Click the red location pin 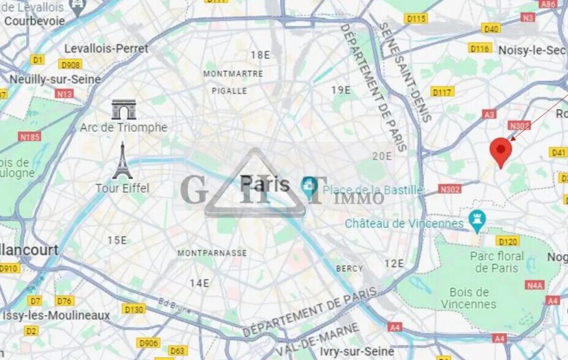tap(501, 151)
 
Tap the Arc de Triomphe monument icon tap(124, 110)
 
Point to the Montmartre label tap(233, 73)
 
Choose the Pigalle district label tap(230, 91)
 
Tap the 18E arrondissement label tap(260, 55)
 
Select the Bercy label tap(349, 268)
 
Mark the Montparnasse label tap(212, 253)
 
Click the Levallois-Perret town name tap(106, 48)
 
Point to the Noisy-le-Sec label tap(531, 50)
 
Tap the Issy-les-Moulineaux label tap(56, 316)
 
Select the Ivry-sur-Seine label tap(357, 351)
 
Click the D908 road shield tap(70, 64)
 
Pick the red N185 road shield tap(29, 137)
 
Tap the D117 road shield tap(442, 92)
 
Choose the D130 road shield tap(133, 309)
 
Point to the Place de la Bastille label tap(373, 190)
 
